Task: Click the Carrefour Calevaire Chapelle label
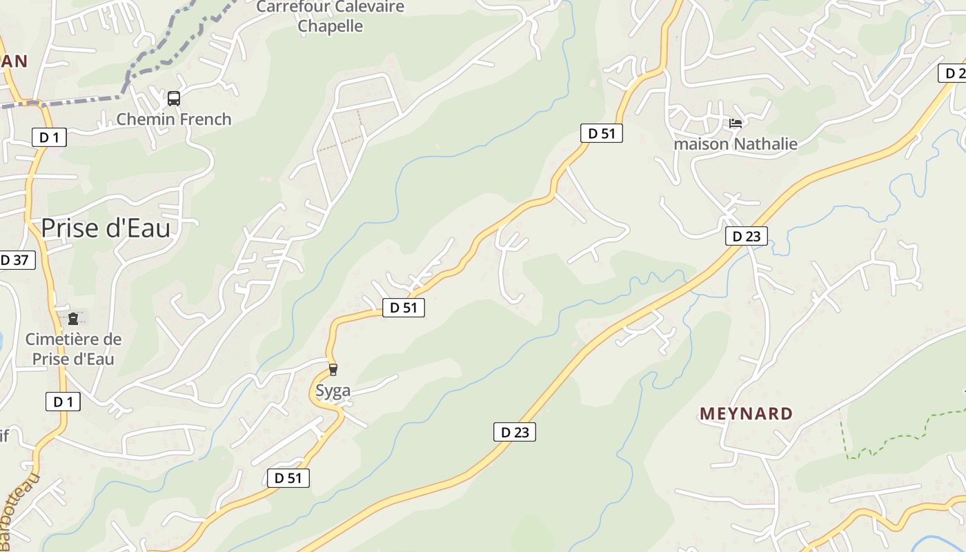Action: [330, 17]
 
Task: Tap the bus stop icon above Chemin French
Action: [174, 99]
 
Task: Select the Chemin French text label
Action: [174, 119]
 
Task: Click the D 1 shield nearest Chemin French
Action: [49, 137]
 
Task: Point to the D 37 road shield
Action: [15, 260]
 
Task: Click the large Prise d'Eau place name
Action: [106, 228]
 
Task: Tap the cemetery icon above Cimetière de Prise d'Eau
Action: [73, 319]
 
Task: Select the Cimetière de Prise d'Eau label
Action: [73, 349]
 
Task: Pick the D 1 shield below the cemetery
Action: [63, 402]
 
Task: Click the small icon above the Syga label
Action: [333, 370]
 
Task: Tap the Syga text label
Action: [333, 391]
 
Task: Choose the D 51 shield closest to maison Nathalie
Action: [601, 133]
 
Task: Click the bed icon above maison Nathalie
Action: [736, 124]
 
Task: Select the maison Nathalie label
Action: [736, 144]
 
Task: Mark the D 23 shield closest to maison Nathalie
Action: [746, 236]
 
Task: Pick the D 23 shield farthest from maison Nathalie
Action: [515, 433]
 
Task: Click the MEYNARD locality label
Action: [746, 414]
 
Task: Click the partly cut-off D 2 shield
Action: [954, 73]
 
